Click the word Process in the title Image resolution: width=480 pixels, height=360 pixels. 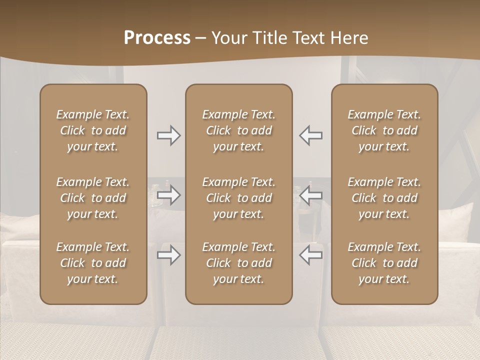point(157,38)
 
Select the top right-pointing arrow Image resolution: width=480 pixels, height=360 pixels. point(168,135)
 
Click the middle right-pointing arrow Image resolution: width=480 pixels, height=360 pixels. point(168,195)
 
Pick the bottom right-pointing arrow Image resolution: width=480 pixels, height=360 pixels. point(168,255)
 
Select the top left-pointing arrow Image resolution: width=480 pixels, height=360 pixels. point(311,135)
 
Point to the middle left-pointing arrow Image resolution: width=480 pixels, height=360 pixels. point(311,195)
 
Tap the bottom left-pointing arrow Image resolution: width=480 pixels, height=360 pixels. point(311,255)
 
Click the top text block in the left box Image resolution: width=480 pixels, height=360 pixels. point(93,130)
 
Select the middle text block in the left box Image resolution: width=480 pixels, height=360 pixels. point(93,198)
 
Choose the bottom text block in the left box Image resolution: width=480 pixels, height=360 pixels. point(93,263)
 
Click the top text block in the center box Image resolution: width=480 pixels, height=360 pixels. point(239,130)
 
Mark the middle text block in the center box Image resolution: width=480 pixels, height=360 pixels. point(239,198)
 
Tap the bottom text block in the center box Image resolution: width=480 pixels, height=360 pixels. point(239,263)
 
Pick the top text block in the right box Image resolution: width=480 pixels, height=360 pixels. point(384,130)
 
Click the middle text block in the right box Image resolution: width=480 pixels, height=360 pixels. point(384,198)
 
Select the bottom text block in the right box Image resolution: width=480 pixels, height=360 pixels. point(384,263)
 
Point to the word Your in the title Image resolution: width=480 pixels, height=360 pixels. point(228,38)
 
